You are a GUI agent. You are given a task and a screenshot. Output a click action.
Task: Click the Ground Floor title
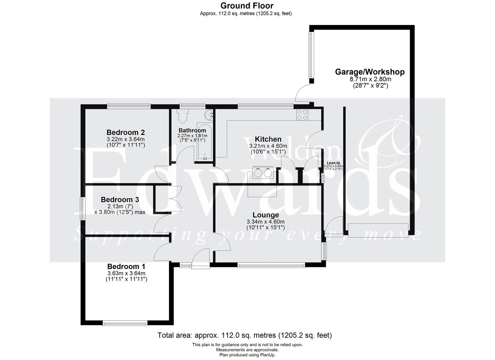[x=247, y=6]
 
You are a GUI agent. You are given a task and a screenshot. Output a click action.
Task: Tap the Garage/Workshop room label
[x=370, y=72]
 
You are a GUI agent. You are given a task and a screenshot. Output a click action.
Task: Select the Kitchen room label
[x=268, y=139]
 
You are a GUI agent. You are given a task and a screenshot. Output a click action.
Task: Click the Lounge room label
[x=265, y=215]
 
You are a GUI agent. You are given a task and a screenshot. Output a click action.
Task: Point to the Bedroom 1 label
[x=126, y=267]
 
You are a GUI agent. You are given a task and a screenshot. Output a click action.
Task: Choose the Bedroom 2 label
[x=125, y=132]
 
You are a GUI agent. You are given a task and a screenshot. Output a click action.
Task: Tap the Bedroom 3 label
[x=120, y=199]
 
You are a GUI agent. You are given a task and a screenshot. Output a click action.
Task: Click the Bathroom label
[x=192, y=130]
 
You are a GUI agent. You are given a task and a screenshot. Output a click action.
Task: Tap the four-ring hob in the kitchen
[x=302, y=115]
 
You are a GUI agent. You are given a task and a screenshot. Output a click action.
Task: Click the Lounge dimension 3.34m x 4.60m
[x=265, y=222]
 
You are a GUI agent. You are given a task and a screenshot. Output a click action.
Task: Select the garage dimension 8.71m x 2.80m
[x=370, y=79]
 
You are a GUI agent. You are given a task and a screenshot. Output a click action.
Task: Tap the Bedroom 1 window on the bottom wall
[x=125, y=323]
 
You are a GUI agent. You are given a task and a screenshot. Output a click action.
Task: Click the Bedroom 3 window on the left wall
[x=82, y=208]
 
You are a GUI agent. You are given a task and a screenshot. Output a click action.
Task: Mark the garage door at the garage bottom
[x=378, y=230]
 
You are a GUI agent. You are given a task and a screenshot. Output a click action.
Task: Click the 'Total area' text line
[x=245, y=335]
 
